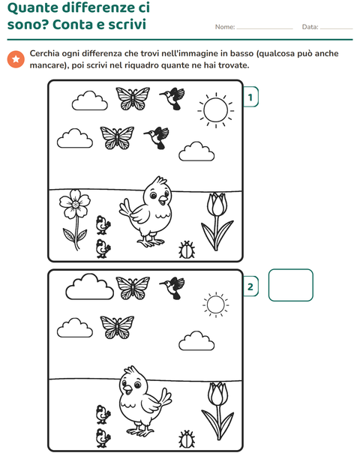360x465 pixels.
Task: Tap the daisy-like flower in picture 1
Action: click(x=75, y=204)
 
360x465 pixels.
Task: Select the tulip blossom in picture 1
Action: click(x=217, y=204)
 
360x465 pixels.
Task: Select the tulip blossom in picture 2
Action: click(x=218, y=394)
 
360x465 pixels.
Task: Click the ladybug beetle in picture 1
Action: click(x=187, y=250)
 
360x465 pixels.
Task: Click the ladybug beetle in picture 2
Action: click(x=187, y=439)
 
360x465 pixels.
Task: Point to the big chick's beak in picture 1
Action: click(x=163, y=200)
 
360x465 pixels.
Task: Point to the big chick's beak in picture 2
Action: click(x=128, y=389)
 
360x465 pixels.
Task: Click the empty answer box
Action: click(x=290, y=285)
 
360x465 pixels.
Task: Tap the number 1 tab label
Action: click(x=250, y=97)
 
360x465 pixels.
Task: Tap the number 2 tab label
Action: click(x=250, y=286)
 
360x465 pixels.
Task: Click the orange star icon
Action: click(x=16, y=59)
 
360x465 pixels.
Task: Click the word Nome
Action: click(x=225, y=27)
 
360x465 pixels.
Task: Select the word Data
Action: click(x=310, y=27)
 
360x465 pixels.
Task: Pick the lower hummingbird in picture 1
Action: click(x=157, y=137)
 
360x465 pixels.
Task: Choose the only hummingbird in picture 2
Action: click(x=173, y=288)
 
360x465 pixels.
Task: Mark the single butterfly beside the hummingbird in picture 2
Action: click(x=133, y=288)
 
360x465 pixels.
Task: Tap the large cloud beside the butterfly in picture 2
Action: click(x=89, y=286)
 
